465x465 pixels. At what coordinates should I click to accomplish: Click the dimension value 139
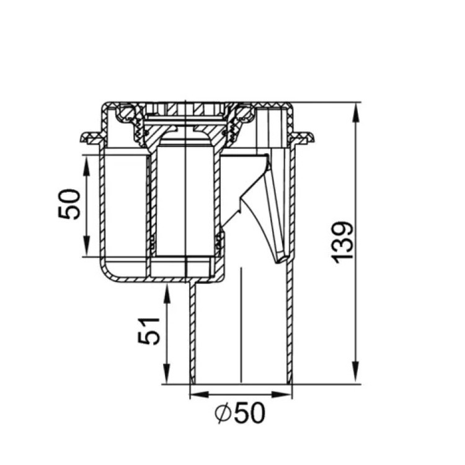343,242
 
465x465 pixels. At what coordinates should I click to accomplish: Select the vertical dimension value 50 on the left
69,204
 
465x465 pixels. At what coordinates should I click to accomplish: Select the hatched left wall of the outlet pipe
192,335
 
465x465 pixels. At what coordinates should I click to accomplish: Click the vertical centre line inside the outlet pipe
240,322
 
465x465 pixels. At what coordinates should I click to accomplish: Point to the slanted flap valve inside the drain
273,211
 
